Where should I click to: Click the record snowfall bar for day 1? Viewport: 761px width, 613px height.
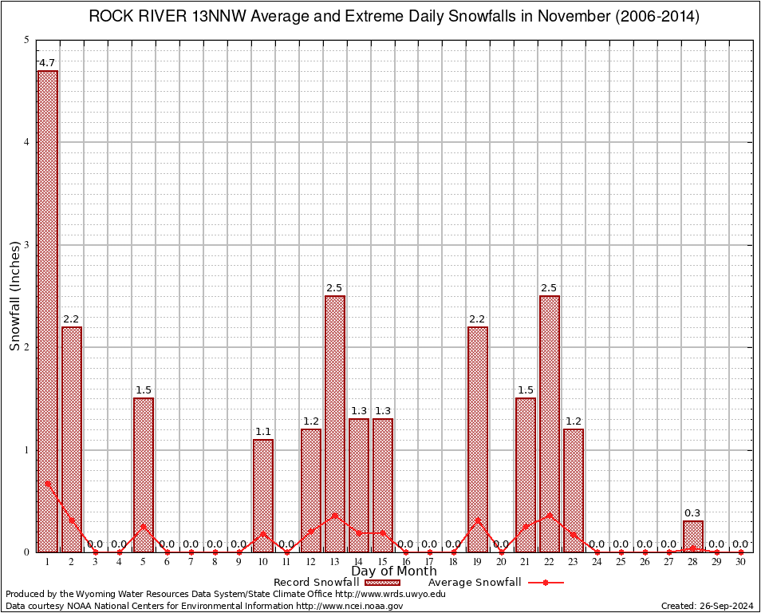48,311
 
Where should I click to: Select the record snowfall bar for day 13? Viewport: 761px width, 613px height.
335,423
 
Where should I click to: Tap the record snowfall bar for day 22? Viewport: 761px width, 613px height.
550,423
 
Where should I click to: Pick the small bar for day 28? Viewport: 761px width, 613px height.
693,536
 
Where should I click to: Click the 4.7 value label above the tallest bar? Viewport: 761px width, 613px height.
47,63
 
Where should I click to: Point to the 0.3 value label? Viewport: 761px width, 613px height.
692,513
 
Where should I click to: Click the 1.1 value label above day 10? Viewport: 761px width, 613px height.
263,432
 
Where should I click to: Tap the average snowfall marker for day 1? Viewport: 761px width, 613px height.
48,483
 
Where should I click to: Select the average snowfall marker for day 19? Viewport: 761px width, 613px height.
478,520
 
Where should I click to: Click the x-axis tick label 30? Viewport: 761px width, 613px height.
741,562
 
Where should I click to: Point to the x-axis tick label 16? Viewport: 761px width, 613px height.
406,562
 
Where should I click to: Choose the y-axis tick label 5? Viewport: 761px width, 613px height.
26,40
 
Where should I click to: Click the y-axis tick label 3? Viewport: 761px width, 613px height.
26,245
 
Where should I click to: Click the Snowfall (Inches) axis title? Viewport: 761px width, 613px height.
15,296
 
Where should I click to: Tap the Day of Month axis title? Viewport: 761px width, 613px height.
394,571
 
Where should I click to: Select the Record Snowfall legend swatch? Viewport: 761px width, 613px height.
382,583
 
